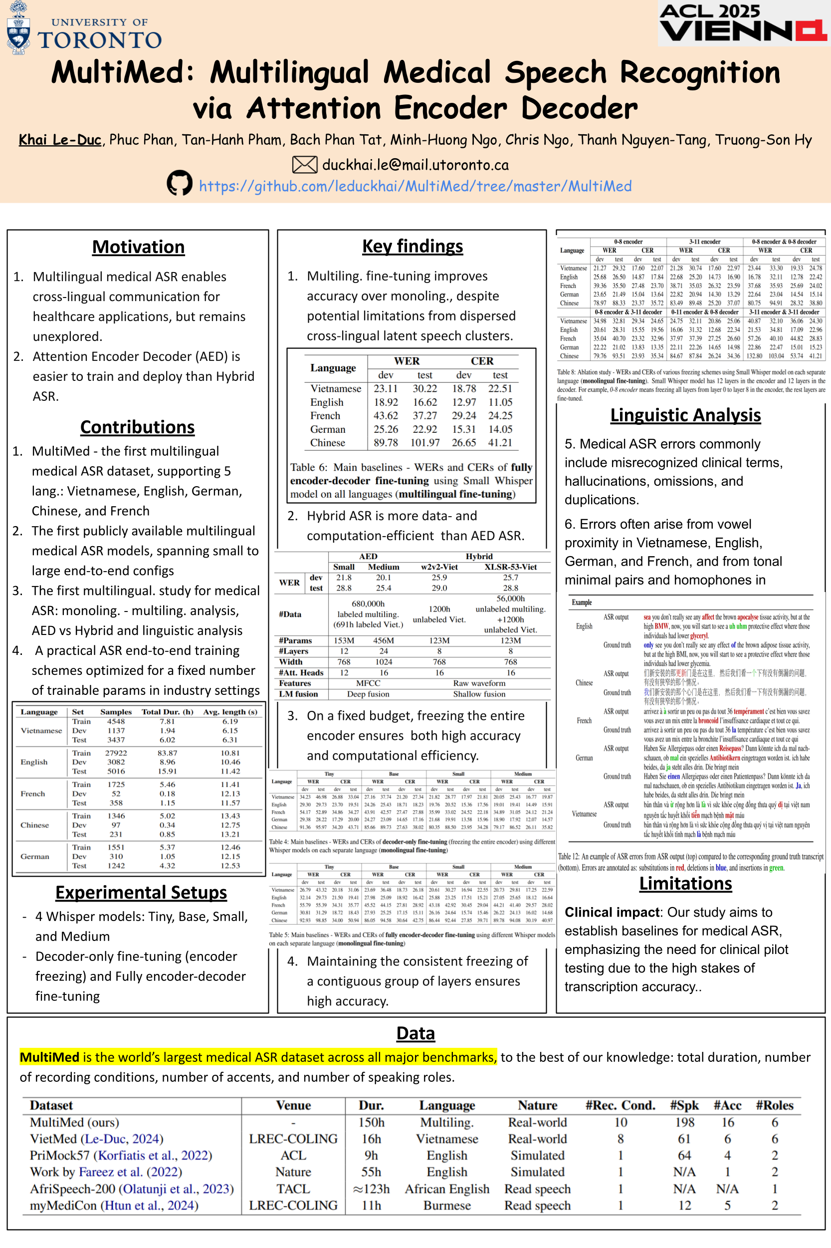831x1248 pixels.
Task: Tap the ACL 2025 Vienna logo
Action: pos(743,23)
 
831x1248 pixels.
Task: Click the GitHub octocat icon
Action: pos(179,184)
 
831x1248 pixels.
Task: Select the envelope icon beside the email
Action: pos(305,165)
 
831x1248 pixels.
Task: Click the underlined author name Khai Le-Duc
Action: pos(60,140)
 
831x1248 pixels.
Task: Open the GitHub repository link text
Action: pos(415,186)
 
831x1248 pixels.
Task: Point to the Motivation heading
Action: pos(138,247)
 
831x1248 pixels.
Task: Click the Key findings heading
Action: pos(413,246)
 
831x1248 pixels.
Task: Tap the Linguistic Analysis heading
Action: pos(685,415)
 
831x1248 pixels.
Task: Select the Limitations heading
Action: pos(685,884)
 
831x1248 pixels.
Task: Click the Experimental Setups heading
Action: pos(141,893)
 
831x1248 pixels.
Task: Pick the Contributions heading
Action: pos(137,427)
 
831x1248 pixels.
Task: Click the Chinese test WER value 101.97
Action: pos(424,442)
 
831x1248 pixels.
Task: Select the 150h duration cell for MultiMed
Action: pos(371,1122)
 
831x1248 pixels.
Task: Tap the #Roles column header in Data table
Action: pos(774,1105)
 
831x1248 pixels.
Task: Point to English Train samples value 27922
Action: pos(116,753)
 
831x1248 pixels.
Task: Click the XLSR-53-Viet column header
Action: pos(510,567)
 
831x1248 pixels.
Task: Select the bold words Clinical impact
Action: pos(612,912)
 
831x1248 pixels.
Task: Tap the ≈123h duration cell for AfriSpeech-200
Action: pos(371,1189)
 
